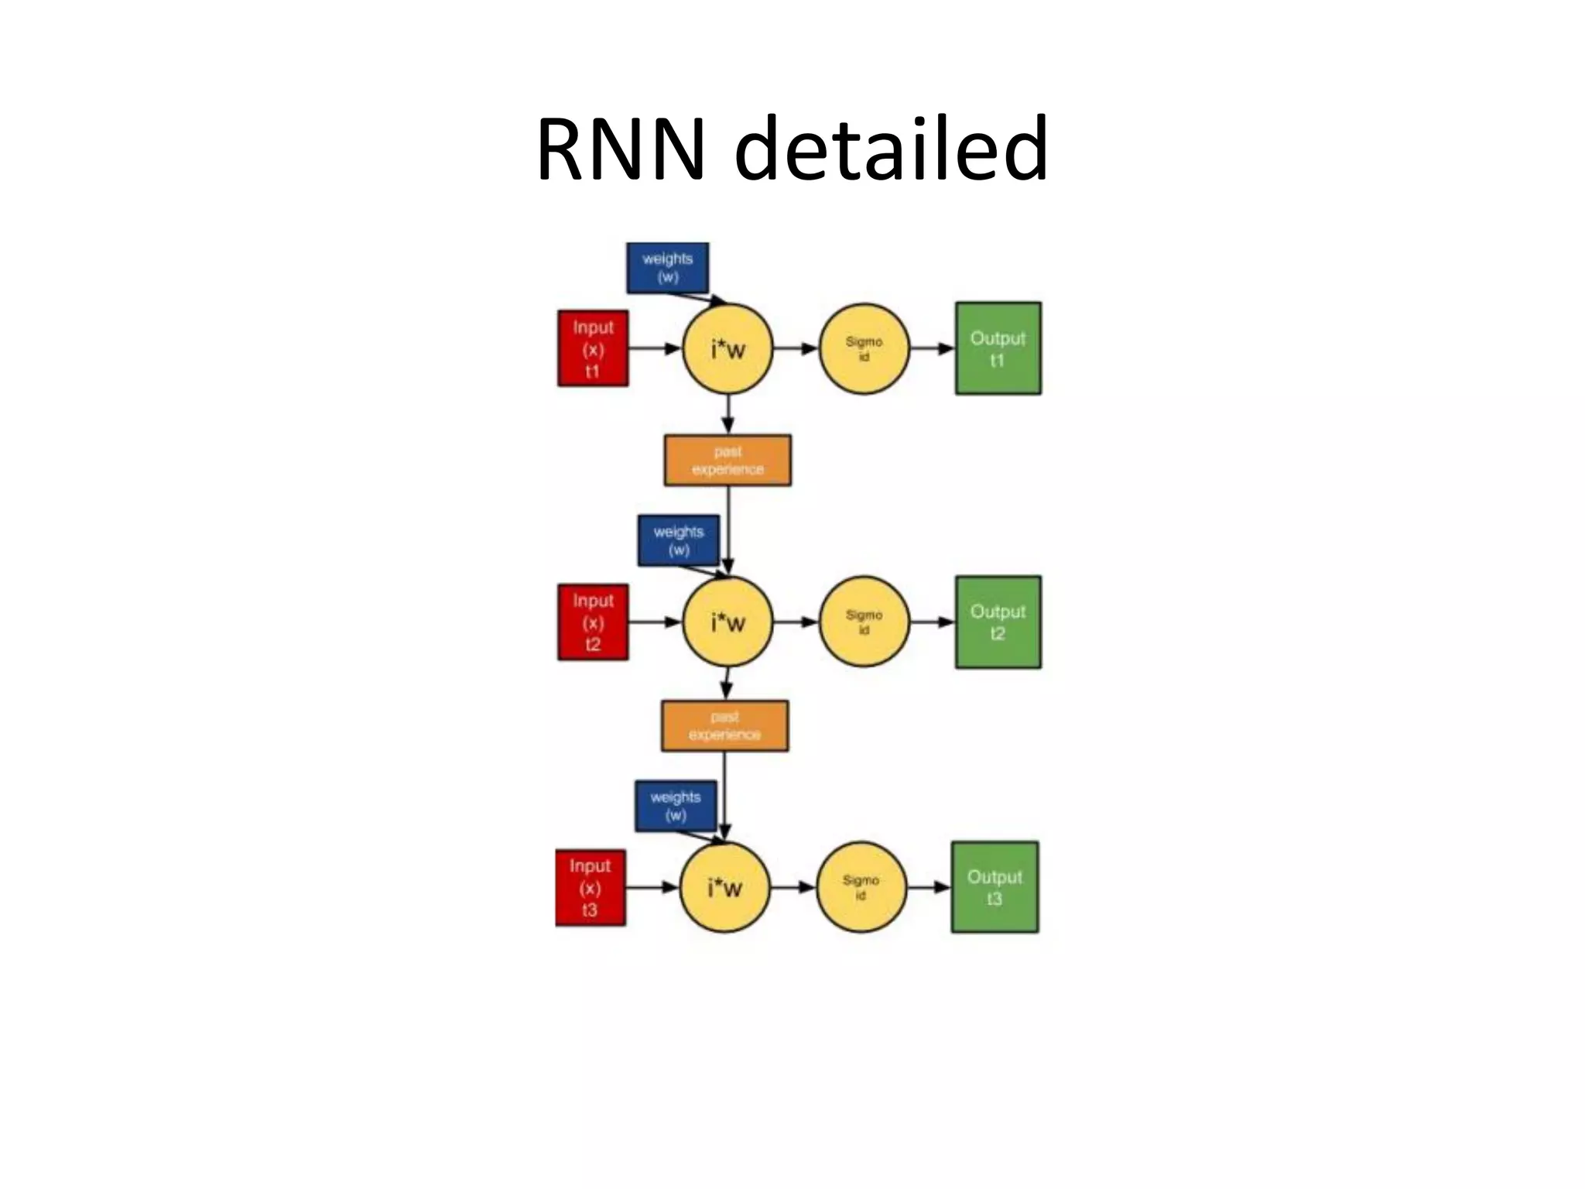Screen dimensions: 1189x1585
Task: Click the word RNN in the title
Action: (620, 149)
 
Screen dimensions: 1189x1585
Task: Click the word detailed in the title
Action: (890, 149)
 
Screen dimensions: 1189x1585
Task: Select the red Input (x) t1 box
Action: (593, 348)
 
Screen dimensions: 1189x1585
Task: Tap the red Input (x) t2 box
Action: (593, 622)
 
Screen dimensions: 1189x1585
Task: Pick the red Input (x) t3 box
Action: (591, 888)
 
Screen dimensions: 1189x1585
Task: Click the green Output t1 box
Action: (998, 348)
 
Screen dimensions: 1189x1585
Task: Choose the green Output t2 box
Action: (998, 622)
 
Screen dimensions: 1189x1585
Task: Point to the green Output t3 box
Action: (994, 887)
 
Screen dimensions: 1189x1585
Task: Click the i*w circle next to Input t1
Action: (727, 349)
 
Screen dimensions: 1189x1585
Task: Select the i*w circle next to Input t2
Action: (727, 622)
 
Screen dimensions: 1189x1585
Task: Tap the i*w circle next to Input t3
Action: (725, 888)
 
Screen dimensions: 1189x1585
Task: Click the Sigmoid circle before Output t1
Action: (864, 349)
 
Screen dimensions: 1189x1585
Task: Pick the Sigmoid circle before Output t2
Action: (864, 622)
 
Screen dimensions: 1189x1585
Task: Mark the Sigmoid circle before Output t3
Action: (861, 888)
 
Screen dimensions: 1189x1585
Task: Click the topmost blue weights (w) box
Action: (667, 268)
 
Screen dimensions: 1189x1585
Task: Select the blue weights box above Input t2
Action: (679, 540)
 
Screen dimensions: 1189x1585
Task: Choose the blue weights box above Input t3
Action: (676, 806)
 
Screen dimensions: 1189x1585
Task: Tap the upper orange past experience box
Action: (727, 461)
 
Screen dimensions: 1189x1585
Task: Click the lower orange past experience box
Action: (724, 726)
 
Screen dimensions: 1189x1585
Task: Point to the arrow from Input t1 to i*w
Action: (654, 349)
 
